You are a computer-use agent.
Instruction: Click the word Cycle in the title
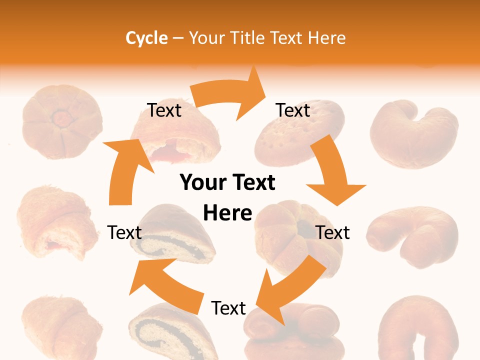click(x=146, y=38)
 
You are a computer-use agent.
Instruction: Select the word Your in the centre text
click(x=202, y=183)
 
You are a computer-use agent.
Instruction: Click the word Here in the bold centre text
click(x=227, y=213)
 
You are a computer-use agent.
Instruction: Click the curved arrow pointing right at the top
click(x=230, y=95)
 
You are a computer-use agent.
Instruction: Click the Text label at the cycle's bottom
click(x=228, y=308)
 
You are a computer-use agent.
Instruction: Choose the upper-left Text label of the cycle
click(x=164, y=110)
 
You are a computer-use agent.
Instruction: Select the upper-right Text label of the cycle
click(x=293, y=110)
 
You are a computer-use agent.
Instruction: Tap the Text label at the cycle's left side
click(x=124, y=232)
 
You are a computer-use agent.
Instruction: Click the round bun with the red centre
click(x=62, y=122)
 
